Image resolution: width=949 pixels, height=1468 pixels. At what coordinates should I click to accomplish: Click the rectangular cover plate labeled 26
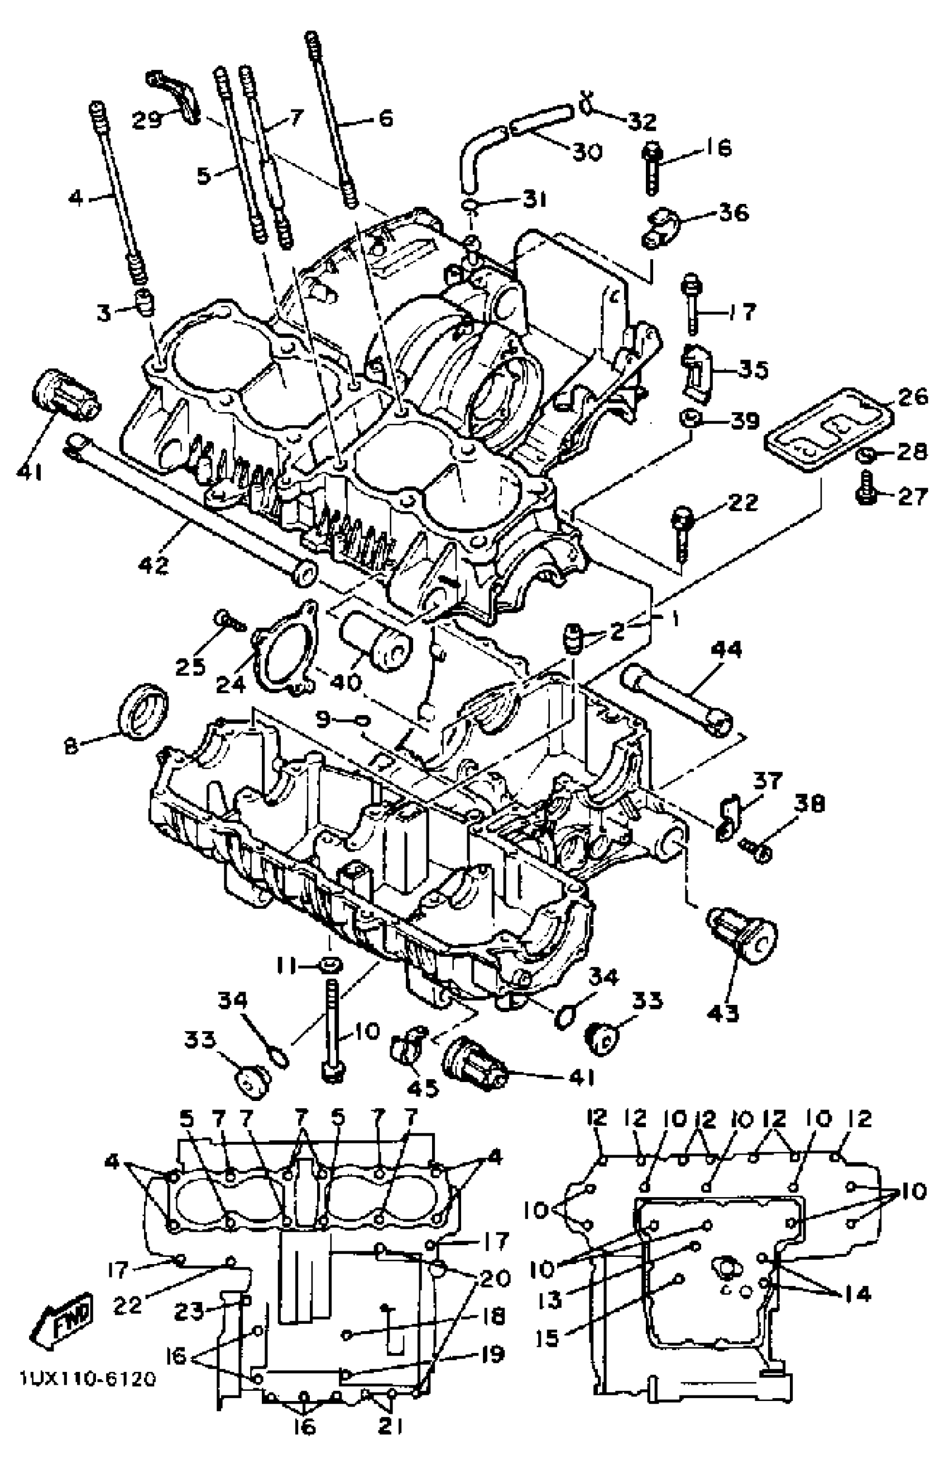(828, 431)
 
